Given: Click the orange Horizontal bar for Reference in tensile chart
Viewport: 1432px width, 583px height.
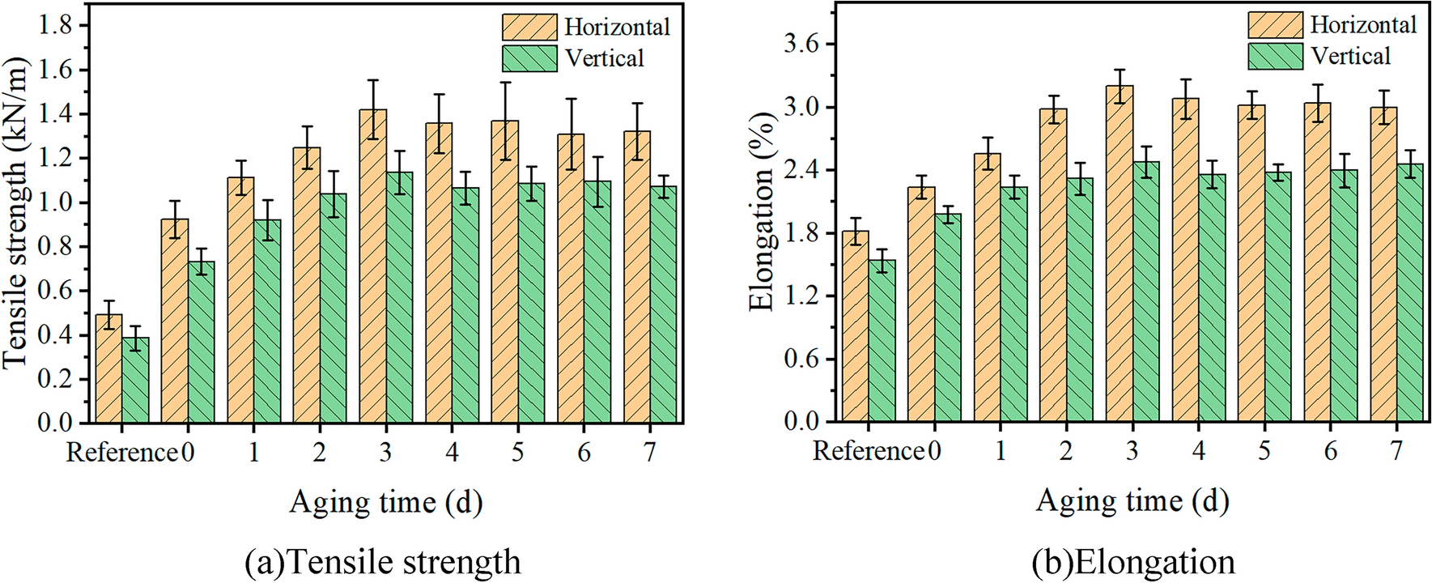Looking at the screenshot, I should (108, 369).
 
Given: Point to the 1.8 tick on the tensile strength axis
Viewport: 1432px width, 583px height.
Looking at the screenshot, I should (54, 26).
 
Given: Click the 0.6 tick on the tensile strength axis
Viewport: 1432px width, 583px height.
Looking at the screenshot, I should (54, 291).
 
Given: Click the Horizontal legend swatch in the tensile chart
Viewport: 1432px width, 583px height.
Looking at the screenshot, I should (529, 27).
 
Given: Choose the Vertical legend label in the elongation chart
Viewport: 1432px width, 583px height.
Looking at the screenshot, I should (1350, 57).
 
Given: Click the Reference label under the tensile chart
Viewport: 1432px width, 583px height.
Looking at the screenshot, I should (121, 452).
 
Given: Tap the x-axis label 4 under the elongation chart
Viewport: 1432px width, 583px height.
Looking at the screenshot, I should (1198, 451).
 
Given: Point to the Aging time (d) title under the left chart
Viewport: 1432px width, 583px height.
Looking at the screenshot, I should (386, 502).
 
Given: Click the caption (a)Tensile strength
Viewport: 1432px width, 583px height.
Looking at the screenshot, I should (382, 561).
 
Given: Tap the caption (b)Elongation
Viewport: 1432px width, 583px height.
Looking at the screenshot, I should (1133, 561).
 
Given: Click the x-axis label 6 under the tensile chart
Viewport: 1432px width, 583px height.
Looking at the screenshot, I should (584, 452).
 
